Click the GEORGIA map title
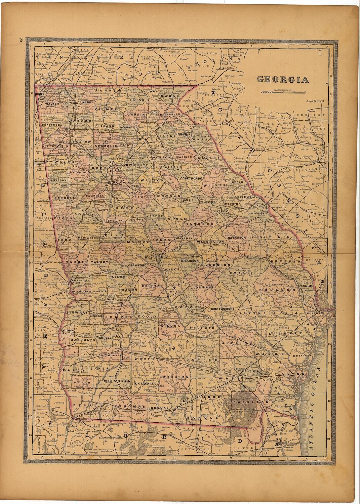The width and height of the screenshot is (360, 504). pyautogui.click(x=283, y=79)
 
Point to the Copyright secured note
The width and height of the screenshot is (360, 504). pyautogui.click(x=316, y=101)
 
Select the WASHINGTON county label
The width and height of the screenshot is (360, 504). pyautogui.click(x=210, y=242)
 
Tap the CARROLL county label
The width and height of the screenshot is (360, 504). pyautogui.click(x=64, y=198)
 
